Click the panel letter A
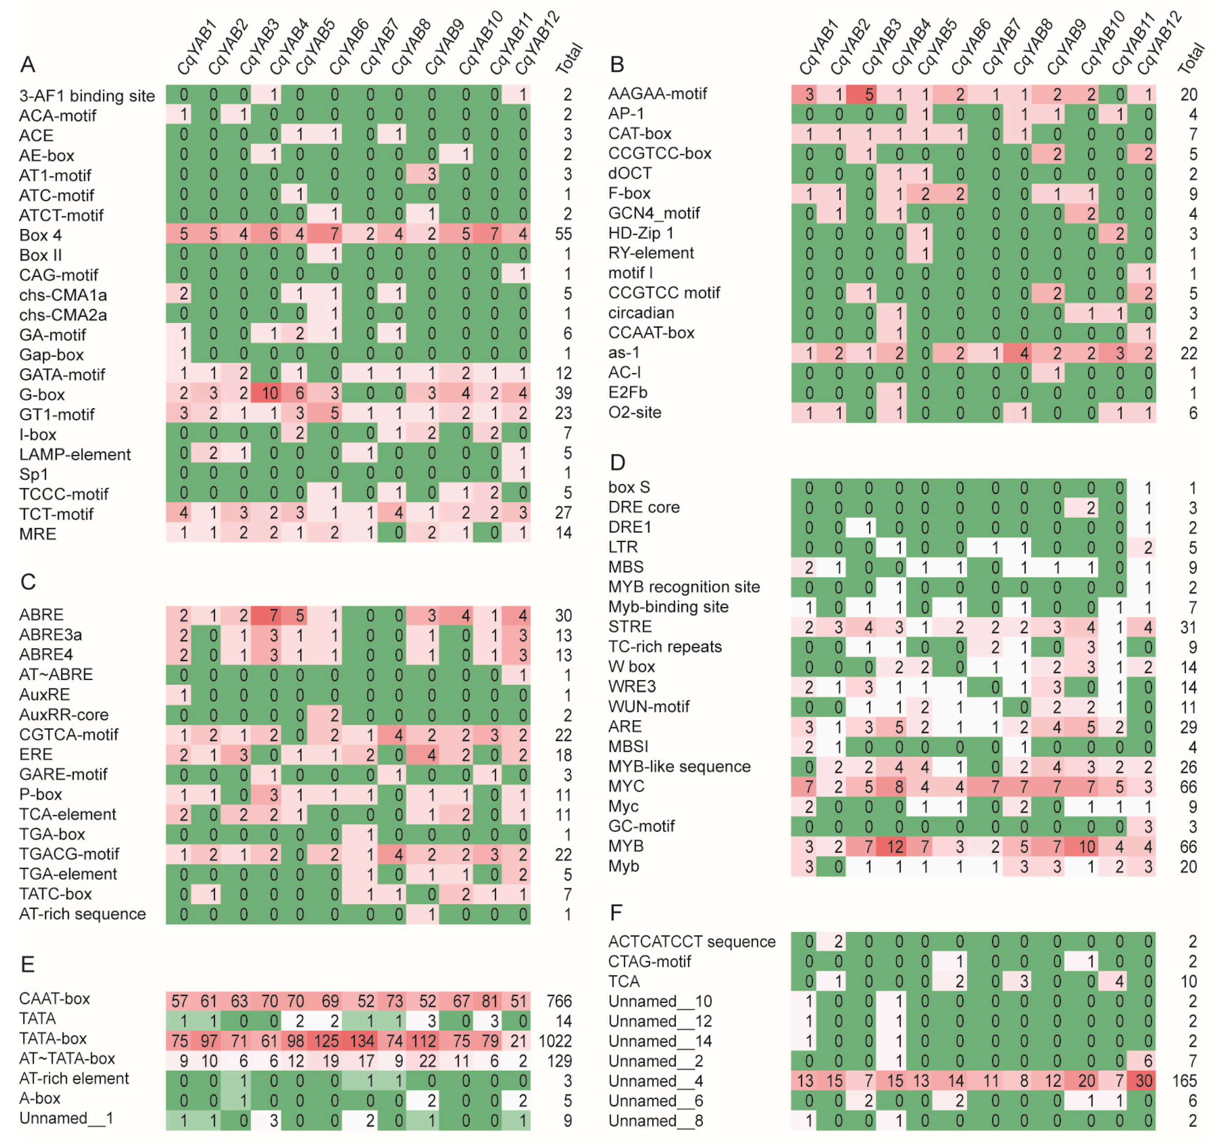[28, 64]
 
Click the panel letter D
[617, 463]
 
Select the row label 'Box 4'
[40, 235]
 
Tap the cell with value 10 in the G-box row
[270, 394]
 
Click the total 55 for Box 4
[563, 234]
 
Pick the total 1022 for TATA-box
[554, 1041]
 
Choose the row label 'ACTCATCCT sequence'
[692, 942]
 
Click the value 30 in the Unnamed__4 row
[1144, 1081]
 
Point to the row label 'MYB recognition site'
[684, 587]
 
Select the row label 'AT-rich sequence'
[82, 914]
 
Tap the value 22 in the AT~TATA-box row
[427, 1061]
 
